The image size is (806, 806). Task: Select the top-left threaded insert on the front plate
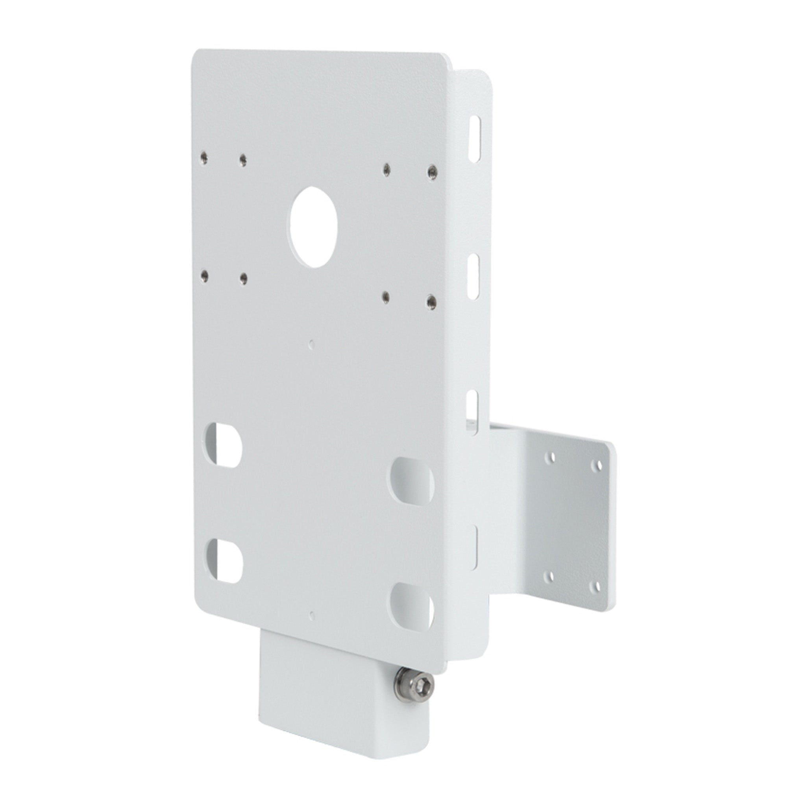click(204, 157)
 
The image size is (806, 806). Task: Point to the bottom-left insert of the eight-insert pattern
click(204, 275)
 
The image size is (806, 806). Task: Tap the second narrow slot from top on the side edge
click(473, 277)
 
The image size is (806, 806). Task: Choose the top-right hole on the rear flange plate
click(599, 464)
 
